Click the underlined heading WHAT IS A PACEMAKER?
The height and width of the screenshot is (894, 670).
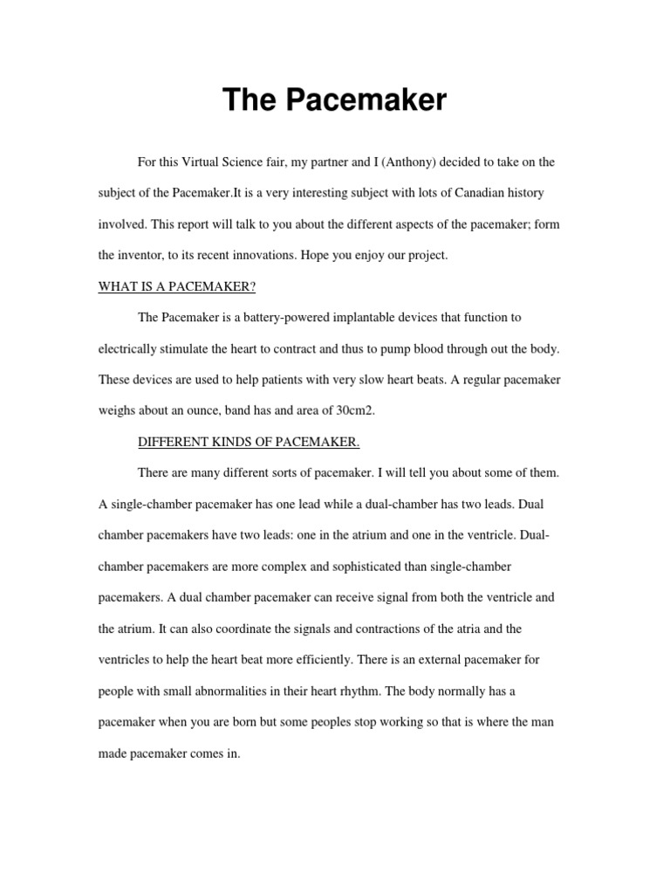(174, 286)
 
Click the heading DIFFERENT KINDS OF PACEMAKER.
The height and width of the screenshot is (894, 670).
(249, 442)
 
